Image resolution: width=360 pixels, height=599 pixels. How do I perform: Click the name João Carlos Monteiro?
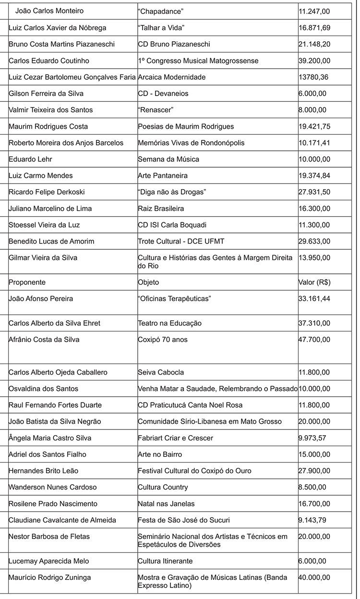pos(49,11)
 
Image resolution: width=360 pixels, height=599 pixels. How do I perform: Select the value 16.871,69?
pos(314,28)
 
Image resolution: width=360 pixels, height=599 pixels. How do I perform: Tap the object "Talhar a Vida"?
pos(161,28)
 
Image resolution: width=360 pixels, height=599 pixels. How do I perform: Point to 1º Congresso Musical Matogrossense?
pos(198,61)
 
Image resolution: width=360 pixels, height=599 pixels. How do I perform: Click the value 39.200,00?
pos(314,61)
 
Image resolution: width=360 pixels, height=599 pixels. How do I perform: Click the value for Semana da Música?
pos(314,159)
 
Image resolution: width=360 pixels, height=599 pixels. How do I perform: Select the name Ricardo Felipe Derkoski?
pos(47,192)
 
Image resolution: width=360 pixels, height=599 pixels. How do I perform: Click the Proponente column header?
pos(27,282)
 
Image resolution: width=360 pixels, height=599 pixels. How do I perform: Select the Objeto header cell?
pos(148,282)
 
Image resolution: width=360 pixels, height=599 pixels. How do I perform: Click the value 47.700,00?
pos(314,340)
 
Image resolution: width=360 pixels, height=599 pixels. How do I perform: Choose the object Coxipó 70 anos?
pos(163,340)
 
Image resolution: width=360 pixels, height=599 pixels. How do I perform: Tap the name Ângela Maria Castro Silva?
pos(50,438)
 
